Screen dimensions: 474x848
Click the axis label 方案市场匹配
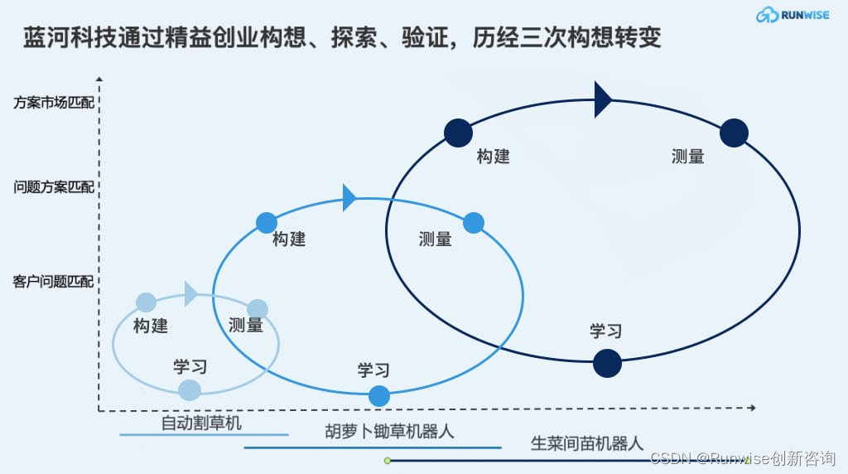pos(54,104)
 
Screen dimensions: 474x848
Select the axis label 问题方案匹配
pos(54,186)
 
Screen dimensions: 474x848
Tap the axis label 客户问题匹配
pos(54,282)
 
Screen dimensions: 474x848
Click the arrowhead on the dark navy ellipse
pos(603,100)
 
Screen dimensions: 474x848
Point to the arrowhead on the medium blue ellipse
pos(349,198)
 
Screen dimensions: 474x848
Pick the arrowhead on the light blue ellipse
pos(191,293)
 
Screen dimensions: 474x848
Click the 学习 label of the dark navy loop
pos(605,331)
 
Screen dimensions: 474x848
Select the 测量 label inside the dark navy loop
pos(687,156)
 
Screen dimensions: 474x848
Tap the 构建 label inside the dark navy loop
pos(493,156)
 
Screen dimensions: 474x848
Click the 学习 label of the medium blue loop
pos(373,370)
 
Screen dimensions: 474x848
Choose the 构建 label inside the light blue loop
pos(151,326)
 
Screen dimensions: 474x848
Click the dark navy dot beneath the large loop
pos(607,363)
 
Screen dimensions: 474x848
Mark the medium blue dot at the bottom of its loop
pos(378,396)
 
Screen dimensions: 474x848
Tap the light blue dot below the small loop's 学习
pos(190,389)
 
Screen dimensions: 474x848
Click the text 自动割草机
pos(201,423)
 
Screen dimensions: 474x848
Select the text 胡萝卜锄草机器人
pos(389,432)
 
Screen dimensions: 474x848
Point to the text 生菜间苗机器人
pos(586,443)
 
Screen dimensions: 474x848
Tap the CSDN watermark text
pos(742,458)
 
